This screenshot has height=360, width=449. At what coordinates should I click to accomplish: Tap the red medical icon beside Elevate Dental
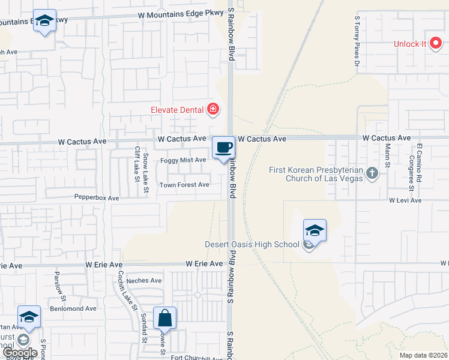click(212, 109)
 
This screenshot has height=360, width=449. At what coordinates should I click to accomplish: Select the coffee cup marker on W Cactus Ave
click(223, 148)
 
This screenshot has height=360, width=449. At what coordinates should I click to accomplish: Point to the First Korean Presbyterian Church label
click(316, 174)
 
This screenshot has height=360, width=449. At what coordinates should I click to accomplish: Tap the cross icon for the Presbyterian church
click(372, 174)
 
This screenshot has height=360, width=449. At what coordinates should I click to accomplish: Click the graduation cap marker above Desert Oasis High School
click(315, 230)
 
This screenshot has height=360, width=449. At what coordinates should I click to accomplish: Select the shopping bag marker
click(164, 318)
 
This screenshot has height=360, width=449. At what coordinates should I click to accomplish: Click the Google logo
click(20, 353)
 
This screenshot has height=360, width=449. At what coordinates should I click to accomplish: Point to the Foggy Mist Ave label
click(183, 160)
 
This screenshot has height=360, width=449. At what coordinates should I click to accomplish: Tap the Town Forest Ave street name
click(184, 185)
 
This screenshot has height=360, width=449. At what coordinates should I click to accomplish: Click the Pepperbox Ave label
click(97, 197)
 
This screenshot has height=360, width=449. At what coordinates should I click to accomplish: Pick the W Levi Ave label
click(405, 200)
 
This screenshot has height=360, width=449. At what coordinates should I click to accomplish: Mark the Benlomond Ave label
click(74, 308)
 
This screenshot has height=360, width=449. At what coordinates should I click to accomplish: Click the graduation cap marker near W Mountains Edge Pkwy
click(44, 21)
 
